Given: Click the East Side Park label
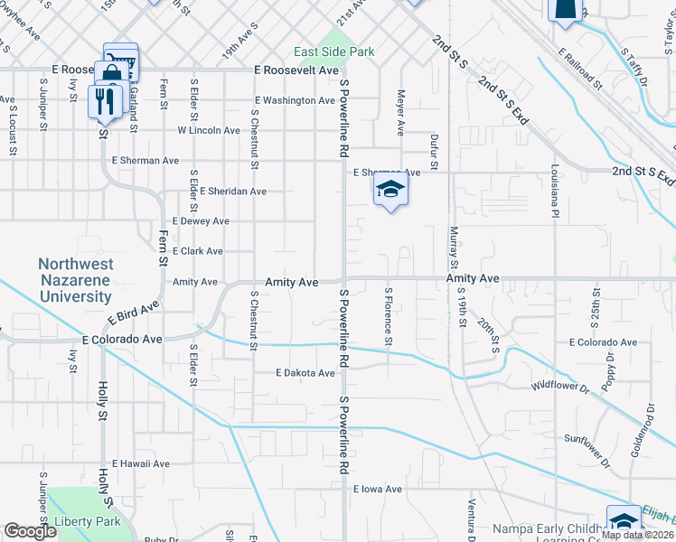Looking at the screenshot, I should tap(334, 52).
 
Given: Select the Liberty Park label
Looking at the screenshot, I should tap(88, 522).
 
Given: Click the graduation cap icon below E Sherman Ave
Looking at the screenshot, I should tap(390, 190).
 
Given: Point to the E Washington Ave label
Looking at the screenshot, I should tap(296, 100).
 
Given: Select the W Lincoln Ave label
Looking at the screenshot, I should tap(209, 131).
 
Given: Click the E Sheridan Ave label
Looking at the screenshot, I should tap(233, 192).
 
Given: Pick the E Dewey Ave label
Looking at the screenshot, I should tap(200, 221).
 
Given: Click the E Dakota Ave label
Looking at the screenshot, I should tap(305, 373).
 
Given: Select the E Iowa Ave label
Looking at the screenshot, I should tap(378, 489).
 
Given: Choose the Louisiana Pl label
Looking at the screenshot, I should tap(555, 192).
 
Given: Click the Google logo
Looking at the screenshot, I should tap(31, 531).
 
